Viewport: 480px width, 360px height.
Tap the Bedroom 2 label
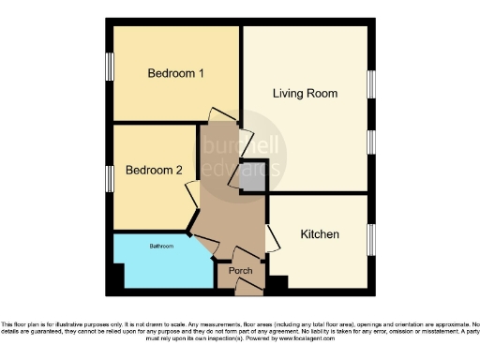[154, 171]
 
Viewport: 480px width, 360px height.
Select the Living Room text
[305, 94]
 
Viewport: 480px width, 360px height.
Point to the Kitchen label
[320, 233]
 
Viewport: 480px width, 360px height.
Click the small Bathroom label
[163, 247]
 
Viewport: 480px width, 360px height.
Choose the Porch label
[240, 271]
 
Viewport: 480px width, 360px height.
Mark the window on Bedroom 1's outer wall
[110, 67]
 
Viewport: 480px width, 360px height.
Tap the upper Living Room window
[371, 84]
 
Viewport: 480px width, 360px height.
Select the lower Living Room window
[371, 142]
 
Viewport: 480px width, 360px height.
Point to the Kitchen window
[371, 239]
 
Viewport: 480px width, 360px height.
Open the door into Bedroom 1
[216, 113]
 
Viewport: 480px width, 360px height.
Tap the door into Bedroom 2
[190, 190]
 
